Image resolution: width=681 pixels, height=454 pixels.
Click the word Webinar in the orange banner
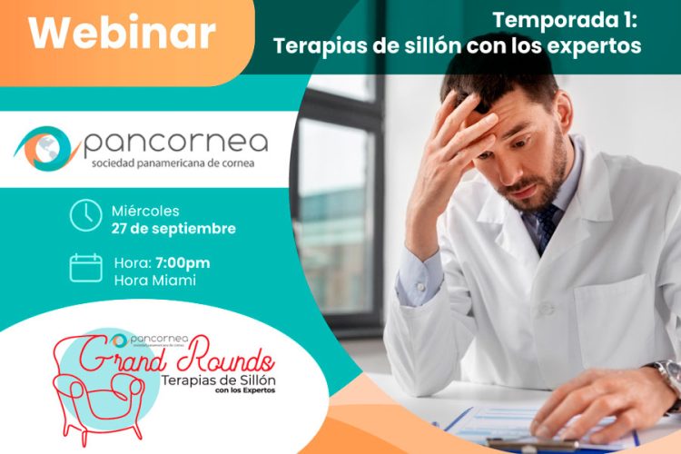(x=122, y=34)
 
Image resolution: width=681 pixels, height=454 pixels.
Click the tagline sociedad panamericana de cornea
(x=173, y=165)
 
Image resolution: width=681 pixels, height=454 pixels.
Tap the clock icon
(x=85, y=215)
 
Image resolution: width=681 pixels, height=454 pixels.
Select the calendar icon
(x=85, y=268)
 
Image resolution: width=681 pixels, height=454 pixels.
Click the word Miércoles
(x=146, y=211)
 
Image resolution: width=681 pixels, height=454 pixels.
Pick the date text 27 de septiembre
(x=173, y=229)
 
